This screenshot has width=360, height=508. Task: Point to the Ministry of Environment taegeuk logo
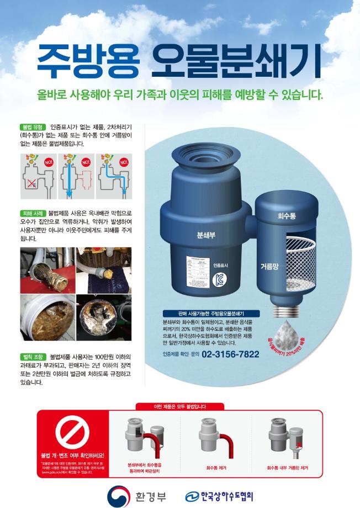[x=117, y=493]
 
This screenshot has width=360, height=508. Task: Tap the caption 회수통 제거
[x=216, y=468]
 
